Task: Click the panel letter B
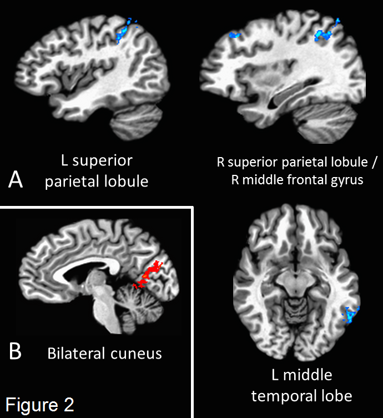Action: click(x=16, y=351)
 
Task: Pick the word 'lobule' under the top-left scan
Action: click(x=126, y=181)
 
